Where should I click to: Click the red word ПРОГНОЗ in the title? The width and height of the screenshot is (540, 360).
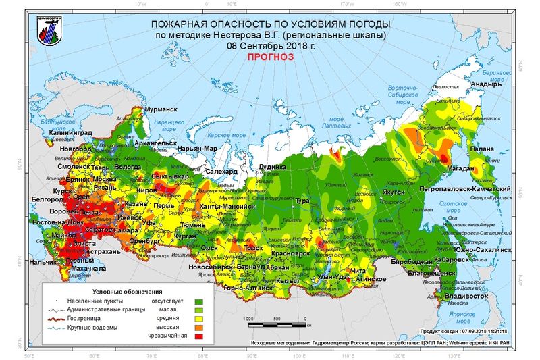270,58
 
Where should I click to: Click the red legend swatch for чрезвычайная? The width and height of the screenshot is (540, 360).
198,335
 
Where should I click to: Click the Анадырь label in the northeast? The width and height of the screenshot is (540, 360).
486,84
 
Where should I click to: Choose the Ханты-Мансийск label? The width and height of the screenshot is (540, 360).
227,205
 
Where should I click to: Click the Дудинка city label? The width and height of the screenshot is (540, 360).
272,166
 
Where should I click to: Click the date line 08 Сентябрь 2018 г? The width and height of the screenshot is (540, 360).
270,46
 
